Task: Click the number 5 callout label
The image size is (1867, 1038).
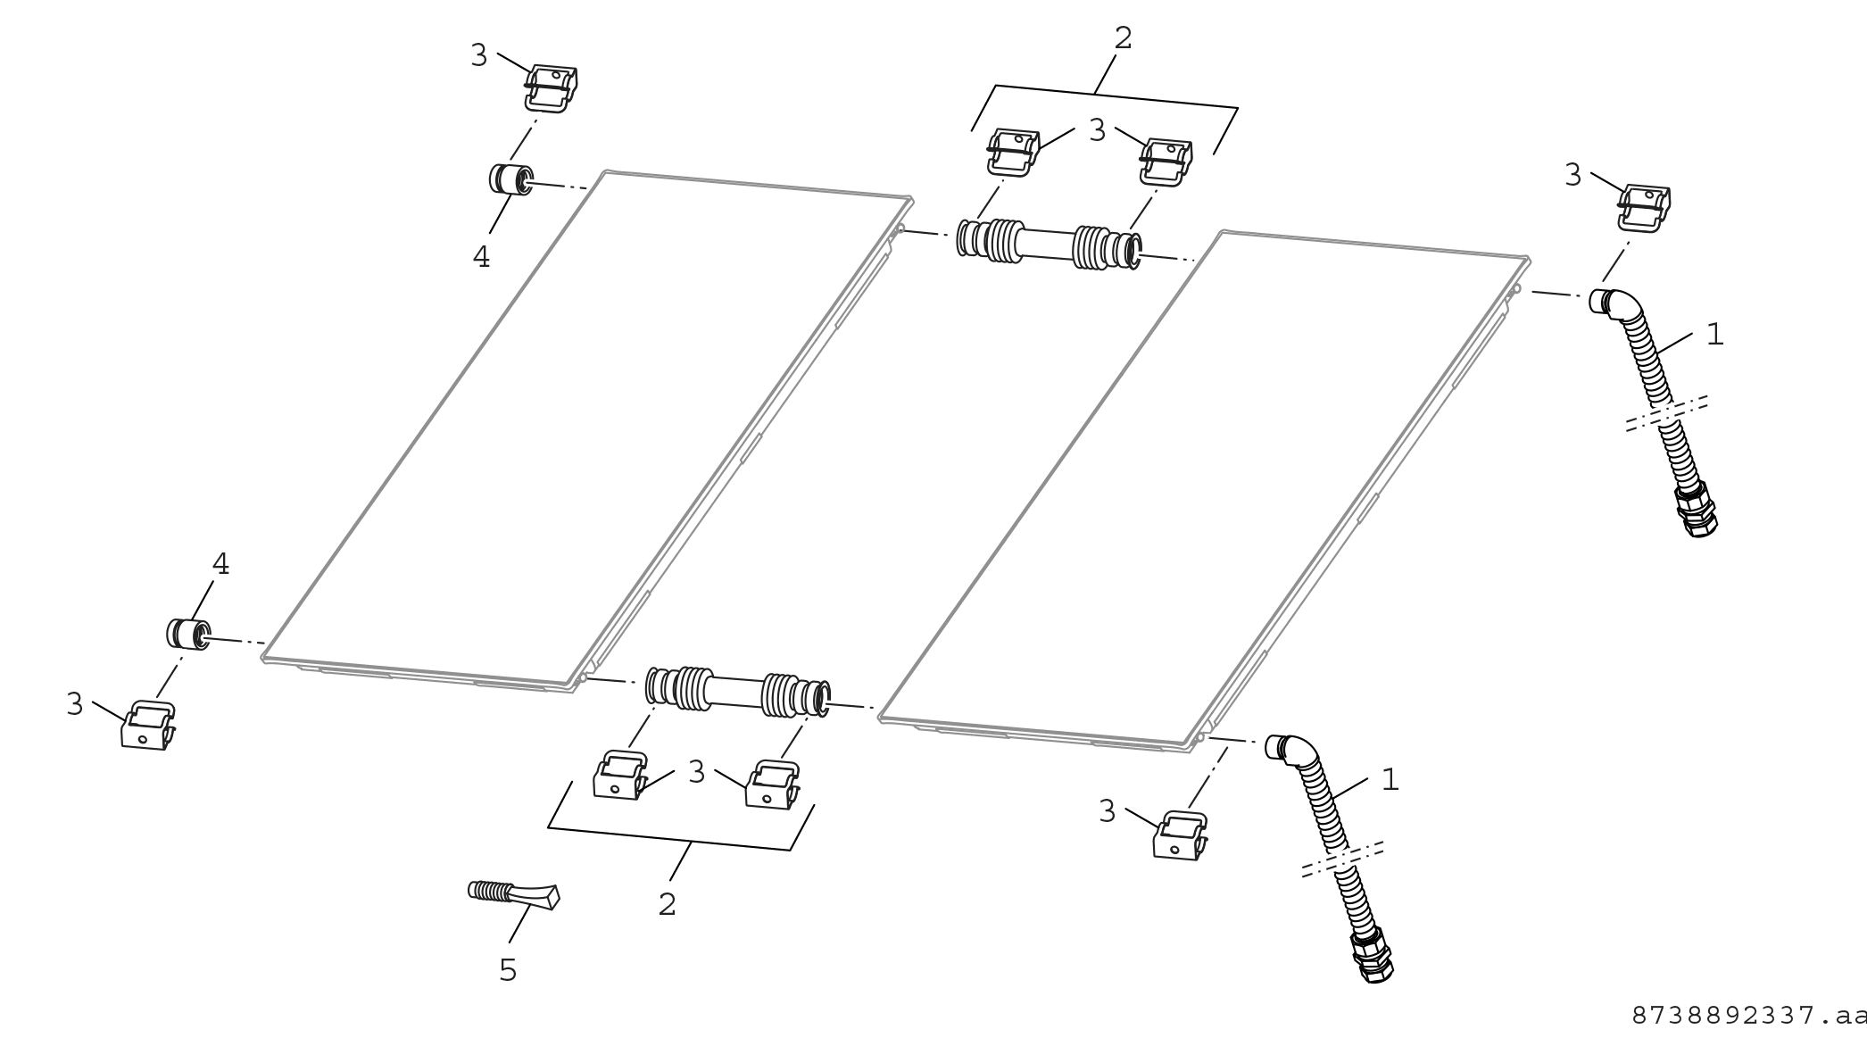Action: point(508,970)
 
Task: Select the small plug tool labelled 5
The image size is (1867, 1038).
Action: point(514,895)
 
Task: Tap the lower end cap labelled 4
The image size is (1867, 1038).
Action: point(188,633)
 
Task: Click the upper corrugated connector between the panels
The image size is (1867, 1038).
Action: point(1050,242)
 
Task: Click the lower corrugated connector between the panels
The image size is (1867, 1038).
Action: point(739,693)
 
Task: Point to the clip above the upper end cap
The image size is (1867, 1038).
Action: point(551,88)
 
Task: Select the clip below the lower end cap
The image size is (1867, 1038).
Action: point(147,726)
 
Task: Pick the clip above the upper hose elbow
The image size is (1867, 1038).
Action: point(1644,209)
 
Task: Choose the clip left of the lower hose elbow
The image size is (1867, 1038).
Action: point(1181,836)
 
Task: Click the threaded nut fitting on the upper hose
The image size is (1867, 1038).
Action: point(1696,510)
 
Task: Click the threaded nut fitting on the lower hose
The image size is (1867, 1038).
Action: point(1371,955)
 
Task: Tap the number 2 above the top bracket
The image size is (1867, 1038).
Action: point(1123,37)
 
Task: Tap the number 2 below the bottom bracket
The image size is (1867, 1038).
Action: point(667,904)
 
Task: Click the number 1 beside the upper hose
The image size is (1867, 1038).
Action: point(1714,334)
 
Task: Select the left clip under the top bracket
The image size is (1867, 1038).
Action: point(1013,152)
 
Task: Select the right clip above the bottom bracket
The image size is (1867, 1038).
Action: point(772,785)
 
